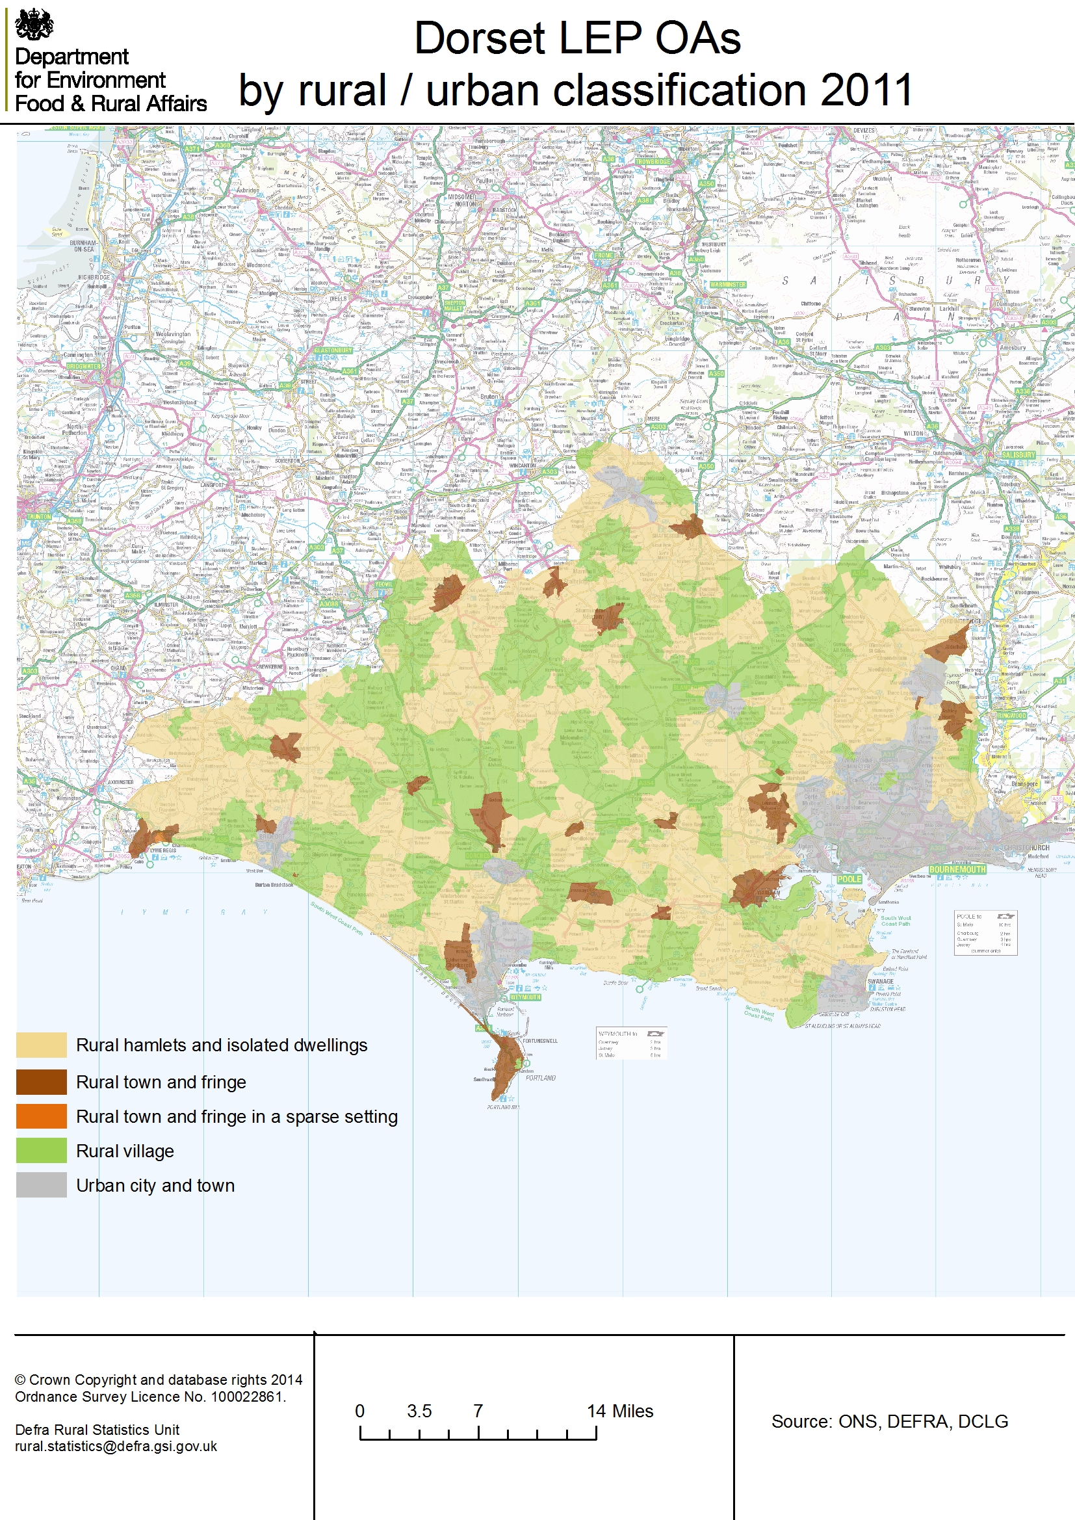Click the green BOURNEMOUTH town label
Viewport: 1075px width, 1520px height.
[957, 869]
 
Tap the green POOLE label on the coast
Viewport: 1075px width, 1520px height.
[849, 879]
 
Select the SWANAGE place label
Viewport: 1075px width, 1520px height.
[880, 982]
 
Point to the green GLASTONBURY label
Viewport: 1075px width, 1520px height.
[333, 350]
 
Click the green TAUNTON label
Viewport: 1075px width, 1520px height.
[38, 516]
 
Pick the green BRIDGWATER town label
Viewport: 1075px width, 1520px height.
[83, 366]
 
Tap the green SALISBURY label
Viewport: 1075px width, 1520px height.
[1017, 455]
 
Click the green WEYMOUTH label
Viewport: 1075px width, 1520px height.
[525, 997]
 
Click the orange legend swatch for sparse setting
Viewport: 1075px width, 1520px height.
[41, 1116]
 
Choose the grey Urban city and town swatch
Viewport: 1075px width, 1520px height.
[41, 1185]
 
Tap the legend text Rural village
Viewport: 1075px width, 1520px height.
[124, 1151]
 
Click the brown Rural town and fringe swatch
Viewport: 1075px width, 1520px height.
[41, 1082]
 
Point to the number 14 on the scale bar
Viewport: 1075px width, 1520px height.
[596, 1411]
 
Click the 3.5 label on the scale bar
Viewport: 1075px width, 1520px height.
[419, 1411]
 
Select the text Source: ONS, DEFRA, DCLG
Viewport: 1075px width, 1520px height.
[889, 1421]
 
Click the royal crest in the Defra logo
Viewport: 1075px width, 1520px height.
[34, 25]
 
